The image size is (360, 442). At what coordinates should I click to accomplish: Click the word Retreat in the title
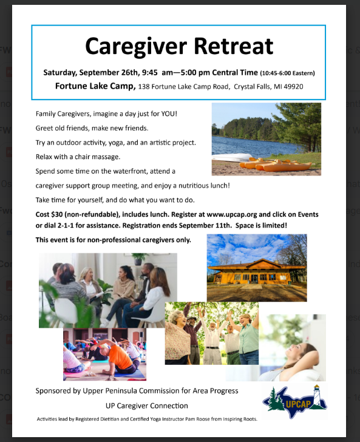233,46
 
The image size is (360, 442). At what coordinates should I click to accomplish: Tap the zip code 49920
293,87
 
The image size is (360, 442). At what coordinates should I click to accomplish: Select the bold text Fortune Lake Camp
95,86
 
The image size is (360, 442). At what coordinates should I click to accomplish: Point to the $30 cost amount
57,214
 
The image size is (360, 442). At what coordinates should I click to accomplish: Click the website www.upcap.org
232,215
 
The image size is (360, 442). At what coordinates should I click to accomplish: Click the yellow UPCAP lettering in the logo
298,404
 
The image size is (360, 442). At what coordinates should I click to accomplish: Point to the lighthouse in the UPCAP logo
318,395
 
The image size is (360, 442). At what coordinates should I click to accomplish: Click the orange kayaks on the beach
275,165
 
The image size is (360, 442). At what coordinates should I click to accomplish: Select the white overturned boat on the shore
232,157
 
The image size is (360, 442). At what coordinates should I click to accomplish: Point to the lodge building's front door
254,279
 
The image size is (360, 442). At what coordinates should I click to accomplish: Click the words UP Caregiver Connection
146,406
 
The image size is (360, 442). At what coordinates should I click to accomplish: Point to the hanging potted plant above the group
138,259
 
